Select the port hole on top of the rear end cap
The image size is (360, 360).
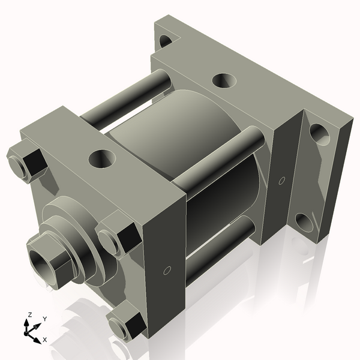pyautogui.click(x=224, y=79)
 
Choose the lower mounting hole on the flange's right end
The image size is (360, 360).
pyautogui.click(x=304, y=223)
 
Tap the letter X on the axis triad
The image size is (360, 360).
pyautogui.click(x=44, y=340)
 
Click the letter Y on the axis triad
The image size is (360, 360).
pyautogui.click(x=44, y=319)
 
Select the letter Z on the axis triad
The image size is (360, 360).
pyautogui.click(x=29, y=314)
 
